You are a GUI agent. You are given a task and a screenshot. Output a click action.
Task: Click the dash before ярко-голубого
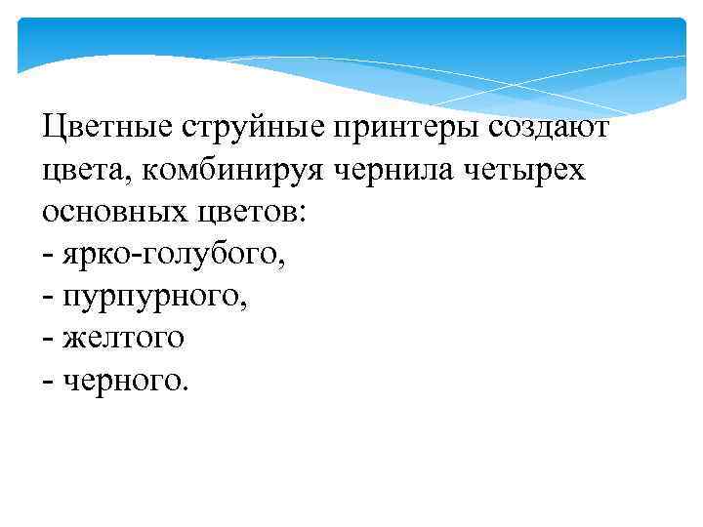[x=49, y=256]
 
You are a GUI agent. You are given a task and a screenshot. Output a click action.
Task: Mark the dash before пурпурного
[x=49, y=298]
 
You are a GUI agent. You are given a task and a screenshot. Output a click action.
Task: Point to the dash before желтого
[x=49, y=340]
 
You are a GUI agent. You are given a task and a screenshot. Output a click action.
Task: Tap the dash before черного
[x=49, y=382]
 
